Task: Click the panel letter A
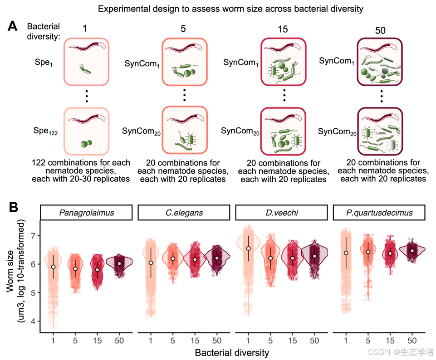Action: (13, 26)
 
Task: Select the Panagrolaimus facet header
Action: (86, 212)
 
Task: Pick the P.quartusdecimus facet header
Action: (379, 212)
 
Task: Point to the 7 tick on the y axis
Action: (32, 236)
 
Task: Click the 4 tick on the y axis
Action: (32, 321)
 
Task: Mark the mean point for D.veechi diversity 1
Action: (249, 248)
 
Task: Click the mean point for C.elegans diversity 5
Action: (173, 258)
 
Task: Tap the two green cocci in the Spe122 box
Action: (86, 144)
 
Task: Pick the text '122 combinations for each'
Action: (81, 162)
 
